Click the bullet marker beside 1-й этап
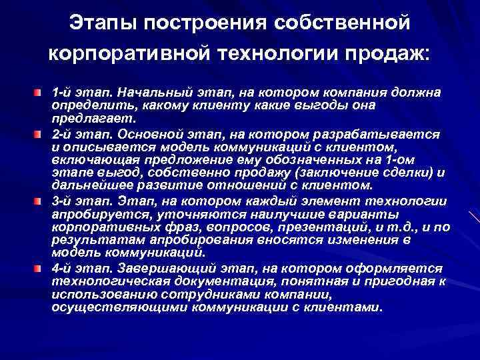(x=41, y=89)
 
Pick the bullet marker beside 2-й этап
(x=41, y=134)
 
